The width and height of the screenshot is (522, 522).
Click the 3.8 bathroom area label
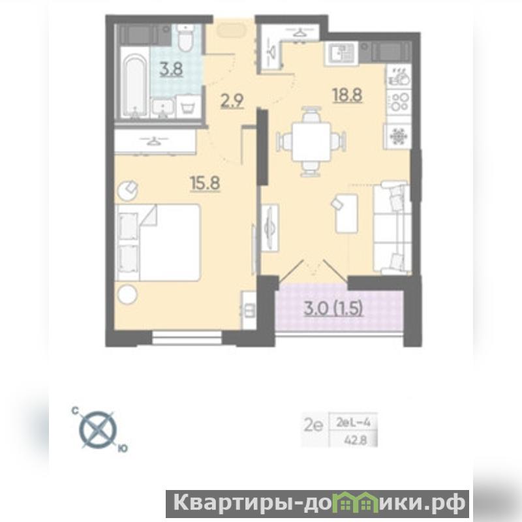[171, 70]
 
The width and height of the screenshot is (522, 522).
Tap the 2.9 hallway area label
[232, 101]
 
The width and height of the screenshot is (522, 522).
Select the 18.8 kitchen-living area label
[347, 95]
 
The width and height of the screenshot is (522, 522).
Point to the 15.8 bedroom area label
[205, 183]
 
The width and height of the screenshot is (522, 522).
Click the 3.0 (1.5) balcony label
[333, 309]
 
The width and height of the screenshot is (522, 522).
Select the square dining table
[311, 142]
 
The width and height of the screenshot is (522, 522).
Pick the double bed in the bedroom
[158, 242]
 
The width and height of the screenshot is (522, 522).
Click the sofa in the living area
[392, 228]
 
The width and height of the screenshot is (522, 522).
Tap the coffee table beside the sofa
[346, 213]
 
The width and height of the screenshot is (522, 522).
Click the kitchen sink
[341, 54]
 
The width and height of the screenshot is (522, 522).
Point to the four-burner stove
[399, 102]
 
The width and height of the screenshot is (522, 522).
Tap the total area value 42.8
[355, 440]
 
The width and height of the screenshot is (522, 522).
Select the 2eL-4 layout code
[353, 423]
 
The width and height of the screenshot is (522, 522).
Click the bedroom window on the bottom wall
[187, 337]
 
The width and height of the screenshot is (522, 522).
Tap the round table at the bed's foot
[127, 294]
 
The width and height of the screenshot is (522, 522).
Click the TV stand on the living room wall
[269, 228]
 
